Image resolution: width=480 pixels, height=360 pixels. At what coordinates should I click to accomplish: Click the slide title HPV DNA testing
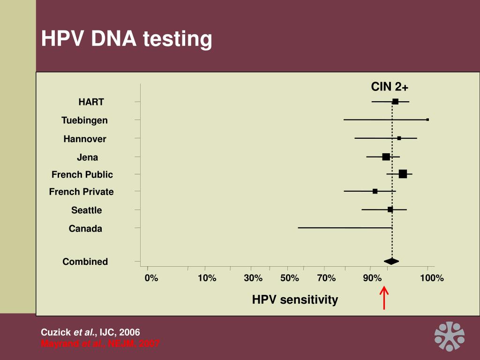pos(127,39)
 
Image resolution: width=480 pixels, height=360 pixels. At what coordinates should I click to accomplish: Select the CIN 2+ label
pos(390,87)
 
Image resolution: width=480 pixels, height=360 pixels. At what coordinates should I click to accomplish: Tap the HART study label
pos(91,102)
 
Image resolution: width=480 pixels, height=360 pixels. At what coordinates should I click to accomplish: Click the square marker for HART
pos(395,102)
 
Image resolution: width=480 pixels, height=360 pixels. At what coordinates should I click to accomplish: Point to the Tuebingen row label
pos(84,120)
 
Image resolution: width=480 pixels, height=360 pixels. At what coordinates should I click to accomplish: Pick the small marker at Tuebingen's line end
pos(427,120)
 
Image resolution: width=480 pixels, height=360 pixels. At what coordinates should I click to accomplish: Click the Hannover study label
pos(85,139)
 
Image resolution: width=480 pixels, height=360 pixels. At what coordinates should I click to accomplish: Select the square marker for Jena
pos(386,157)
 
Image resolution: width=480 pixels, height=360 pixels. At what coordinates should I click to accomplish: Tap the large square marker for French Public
pos(403,174)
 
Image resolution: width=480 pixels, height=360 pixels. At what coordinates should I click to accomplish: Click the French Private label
pos(82,192)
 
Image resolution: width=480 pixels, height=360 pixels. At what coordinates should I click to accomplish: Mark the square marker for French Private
pos(375,191)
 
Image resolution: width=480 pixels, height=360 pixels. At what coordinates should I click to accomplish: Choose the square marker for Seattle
pos(390,210)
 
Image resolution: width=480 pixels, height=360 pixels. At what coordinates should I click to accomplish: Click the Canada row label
pos(85,229)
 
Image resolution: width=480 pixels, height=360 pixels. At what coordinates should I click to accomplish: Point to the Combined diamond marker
pos(391,261)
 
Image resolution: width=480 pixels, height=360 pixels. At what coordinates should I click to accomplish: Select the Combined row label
pos(85,262)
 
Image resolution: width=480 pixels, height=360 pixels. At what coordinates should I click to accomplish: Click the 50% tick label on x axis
pos(290,278)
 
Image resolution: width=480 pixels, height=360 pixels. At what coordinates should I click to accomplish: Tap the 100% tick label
pos(432,278)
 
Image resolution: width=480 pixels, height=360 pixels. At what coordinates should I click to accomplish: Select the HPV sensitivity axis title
pos(295,300)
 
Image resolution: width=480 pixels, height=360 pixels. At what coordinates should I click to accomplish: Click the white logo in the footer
pos(449,336)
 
